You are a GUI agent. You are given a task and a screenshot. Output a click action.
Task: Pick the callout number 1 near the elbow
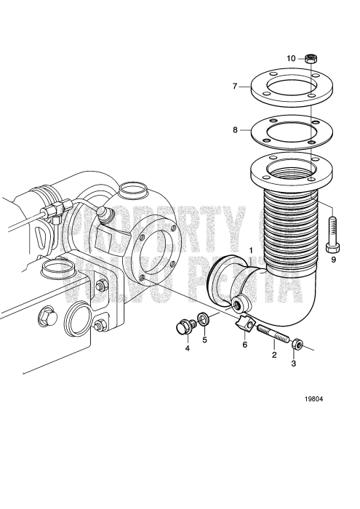(x=252, y=251)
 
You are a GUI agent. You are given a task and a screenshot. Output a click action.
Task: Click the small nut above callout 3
(x=298, y=342)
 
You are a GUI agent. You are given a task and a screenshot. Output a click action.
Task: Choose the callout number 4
(x=187, y=348)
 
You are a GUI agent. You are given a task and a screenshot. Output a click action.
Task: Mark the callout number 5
(x=204, y=340)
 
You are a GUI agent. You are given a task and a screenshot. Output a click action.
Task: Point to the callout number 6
(x=244, y=344)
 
